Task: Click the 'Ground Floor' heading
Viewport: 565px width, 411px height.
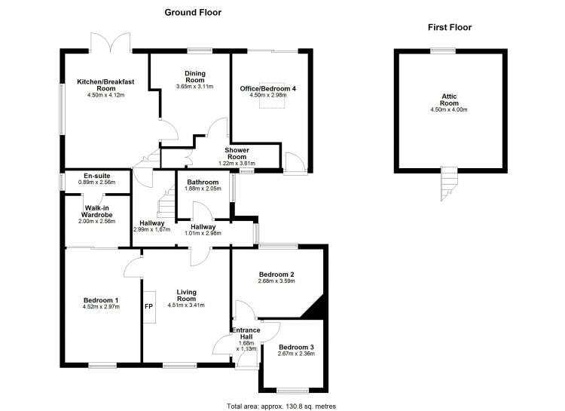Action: [x=193, y=13]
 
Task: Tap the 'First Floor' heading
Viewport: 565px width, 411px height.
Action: [x=450, y=27]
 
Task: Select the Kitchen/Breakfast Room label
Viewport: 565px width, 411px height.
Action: [x=105, y=84]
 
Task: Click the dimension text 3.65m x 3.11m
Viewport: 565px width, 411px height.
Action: [x=194, y=87]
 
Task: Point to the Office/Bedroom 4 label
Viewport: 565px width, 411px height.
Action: [x=268, y=88]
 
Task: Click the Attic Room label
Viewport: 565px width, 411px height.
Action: [x=449, y=100]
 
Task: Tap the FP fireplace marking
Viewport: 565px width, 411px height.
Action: [x=148, y=306]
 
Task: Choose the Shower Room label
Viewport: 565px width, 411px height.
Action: [x=237, y=153]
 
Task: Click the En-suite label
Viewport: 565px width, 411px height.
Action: [x=97, y=176]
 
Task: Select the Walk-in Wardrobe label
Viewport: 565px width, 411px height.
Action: [x=97, y=211]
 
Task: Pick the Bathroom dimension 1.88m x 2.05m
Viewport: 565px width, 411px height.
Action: [x=203, y=189]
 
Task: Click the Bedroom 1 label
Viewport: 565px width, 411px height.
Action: [x=101, y=300]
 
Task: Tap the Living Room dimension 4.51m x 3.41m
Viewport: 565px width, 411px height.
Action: [x=186, y=305]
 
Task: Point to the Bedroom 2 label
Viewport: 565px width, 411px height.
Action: [x=276, y=275]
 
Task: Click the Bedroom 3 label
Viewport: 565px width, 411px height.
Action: [x=296, y=347]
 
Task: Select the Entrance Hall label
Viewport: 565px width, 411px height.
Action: [x=246, y=333]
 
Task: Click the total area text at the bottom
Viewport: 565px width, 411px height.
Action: [x=282, y=406]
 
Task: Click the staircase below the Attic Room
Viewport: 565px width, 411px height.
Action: [x=449, y=184]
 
